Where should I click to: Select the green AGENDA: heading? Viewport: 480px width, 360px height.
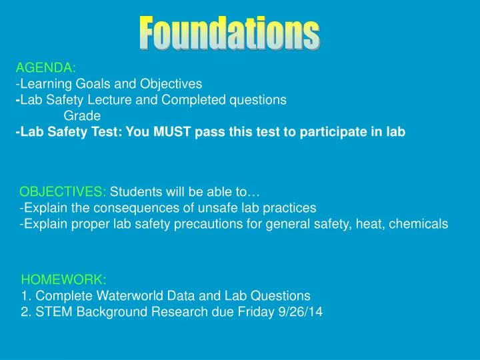(45, 67)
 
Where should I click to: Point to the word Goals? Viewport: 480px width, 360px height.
(89, 84)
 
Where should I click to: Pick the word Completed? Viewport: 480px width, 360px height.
(193, 100)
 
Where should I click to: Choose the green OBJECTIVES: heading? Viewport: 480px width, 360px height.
(63, 193)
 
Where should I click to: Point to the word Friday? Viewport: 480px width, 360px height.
(256, 311)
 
